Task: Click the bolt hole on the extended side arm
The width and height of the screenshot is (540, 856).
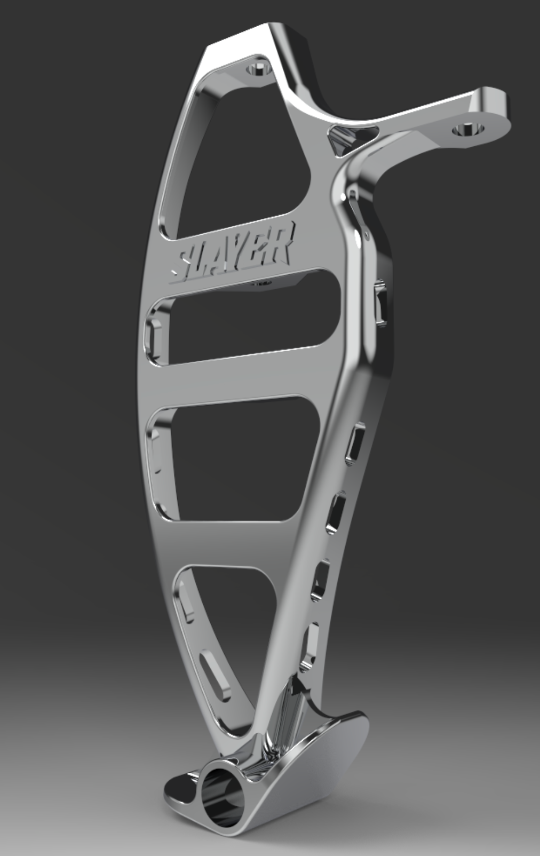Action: [468, 129]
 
